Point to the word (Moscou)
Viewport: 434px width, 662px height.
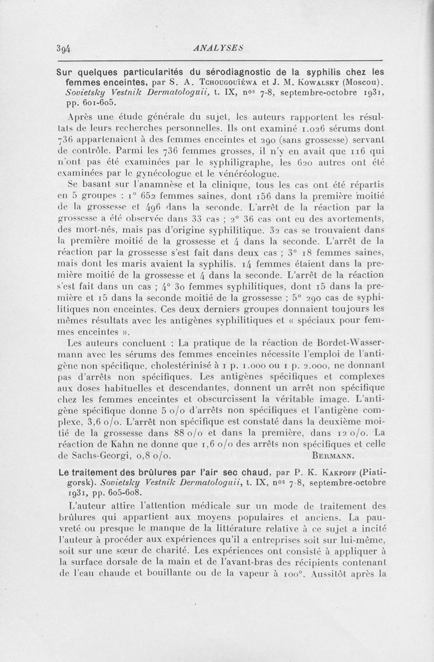pos(364,82)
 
